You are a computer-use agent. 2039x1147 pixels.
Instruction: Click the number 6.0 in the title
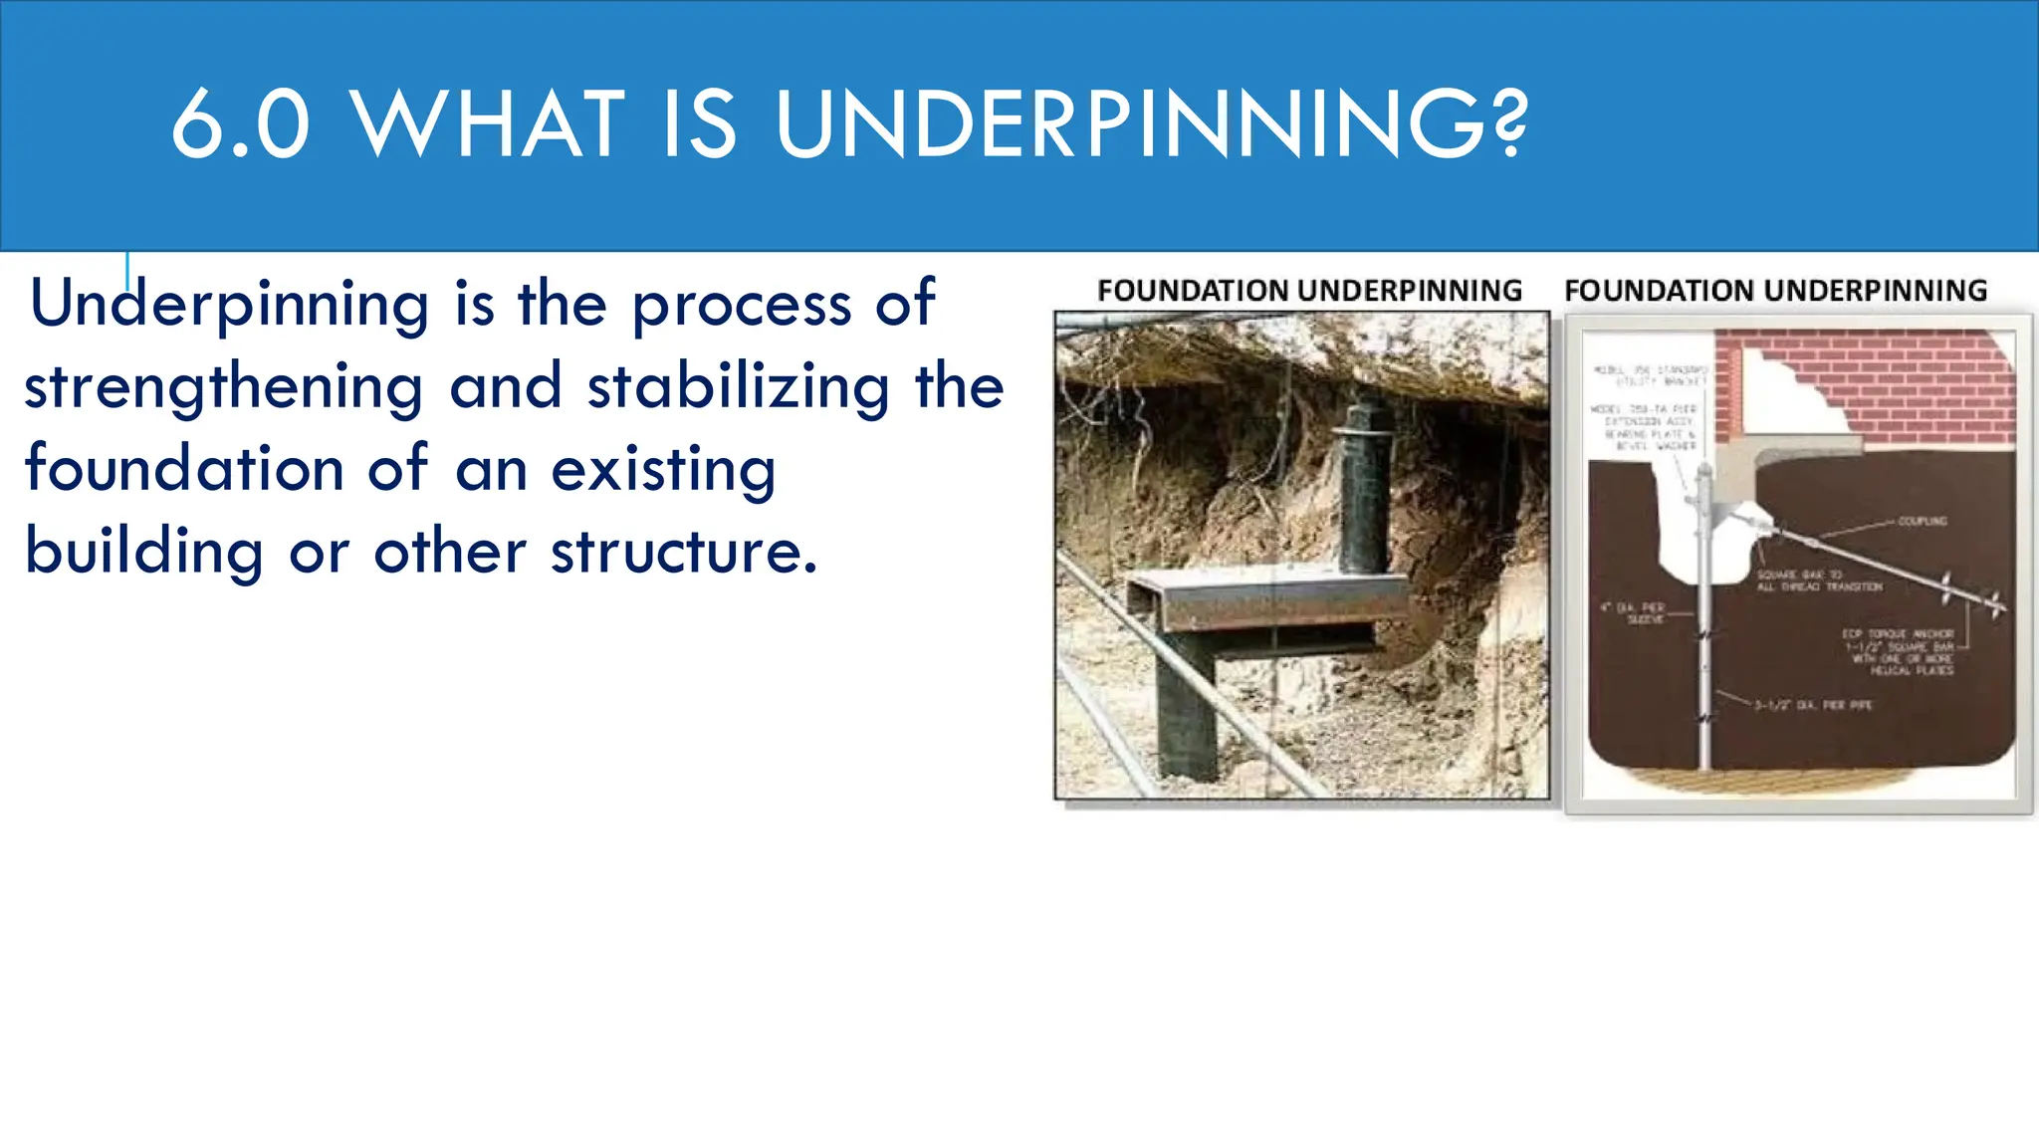click(240, 125)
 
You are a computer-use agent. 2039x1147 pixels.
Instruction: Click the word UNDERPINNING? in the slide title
click(1151, 125)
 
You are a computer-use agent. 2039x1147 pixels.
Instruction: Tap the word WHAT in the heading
click(489, 125)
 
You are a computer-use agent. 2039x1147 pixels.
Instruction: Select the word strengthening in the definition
click(223, 388)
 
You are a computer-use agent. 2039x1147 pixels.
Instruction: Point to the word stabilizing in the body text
click(738, 388)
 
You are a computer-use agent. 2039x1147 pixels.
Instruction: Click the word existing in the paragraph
click(663, 470)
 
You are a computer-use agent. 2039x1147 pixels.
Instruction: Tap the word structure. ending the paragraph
click(684, 553)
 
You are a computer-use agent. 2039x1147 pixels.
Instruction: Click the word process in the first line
click(742, 305)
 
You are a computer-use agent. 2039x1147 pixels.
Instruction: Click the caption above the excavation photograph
click(1309, 291)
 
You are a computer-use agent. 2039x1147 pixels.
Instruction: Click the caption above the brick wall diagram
click(1775, 291)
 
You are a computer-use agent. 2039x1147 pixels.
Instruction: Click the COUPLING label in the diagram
click(1922, 521)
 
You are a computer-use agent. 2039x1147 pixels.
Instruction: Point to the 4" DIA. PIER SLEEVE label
click(1633, 612)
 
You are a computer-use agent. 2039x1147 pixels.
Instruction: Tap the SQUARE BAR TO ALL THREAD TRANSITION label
click(1818, 581)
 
